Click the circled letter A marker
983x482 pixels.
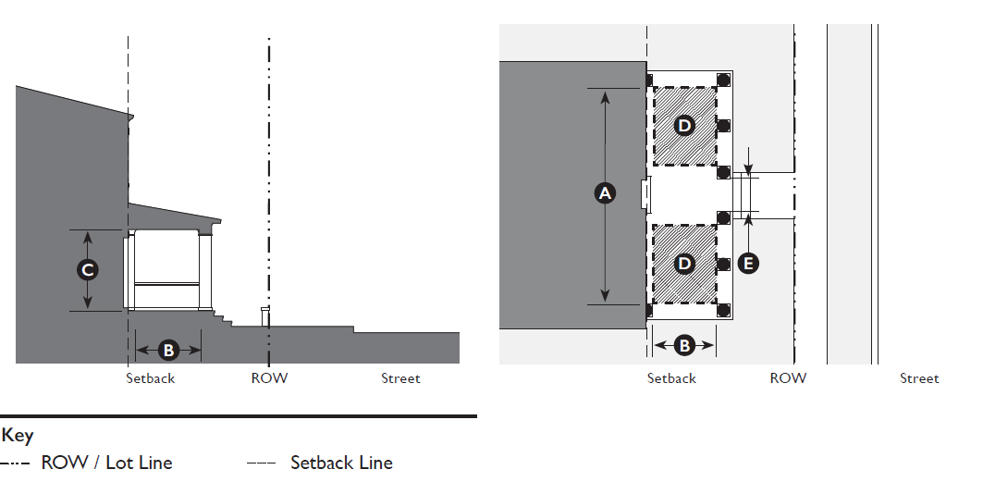[x=605, y=192]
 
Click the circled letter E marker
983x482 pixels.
[x=748, y=264]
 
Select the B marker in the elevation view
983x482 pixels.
[x=168, y=350]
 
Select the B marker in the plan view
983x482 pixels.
[x=684, y=345]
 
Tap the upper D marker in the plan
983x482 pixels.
[x=684, y=126]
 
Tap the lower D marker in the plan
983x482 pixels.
[x=684, y=264]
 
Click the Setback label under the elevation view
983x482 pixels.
[x=150, y=378]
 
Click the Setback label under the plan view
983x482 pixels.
[x=671, y=378]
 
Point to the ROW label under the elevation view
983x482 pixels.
[x=269, y=378]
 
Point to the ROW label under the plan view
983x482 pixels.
[x=788, y=378]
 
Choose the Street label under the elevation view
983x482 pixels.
[x=400, y=378]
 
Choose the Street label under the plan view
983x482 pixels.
[x=919, y=378]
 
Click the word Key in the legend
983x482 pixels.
[x=17, y=436]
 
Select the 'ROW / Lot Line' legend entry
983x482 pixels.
[x=106, y=463]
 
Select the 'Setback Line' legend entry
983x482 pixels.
[x=341, y=463]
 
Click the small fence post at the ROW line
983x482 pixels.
[x=265, y=316]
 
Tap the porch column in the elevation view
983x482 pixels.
[x=206, y=272]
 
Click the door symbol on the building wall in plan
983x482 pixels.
[x=646, y=193]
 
